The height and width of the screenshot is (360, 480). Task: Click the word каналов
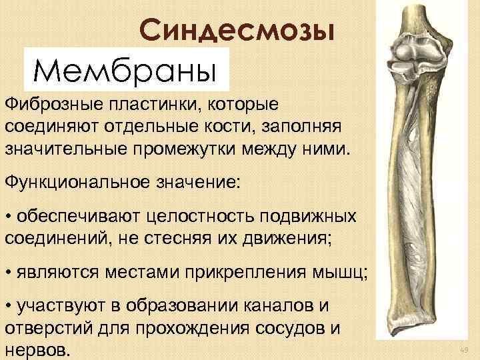coord(287,309)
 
